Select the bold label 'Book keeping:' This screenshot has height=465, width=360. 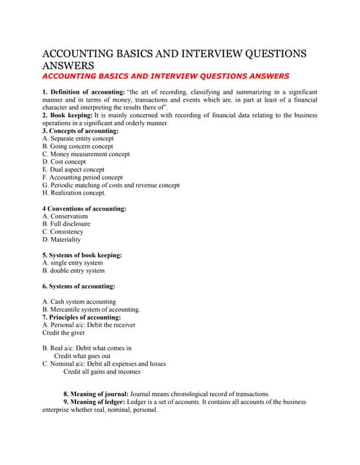point(71,115)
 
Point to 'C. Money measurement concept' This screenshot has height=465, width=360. point(86,154)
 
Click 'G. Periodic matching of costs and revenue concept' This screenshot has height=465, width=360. point(111,185)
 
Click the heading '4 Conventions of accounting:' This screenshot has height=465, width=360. point(84,209)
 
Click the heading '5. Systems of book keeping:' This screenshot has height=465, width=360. point(81,255)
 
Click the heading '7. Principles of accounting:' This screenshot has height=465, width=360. point(81,318)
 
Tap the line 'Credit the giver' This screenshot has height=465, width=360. point(63,333)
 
